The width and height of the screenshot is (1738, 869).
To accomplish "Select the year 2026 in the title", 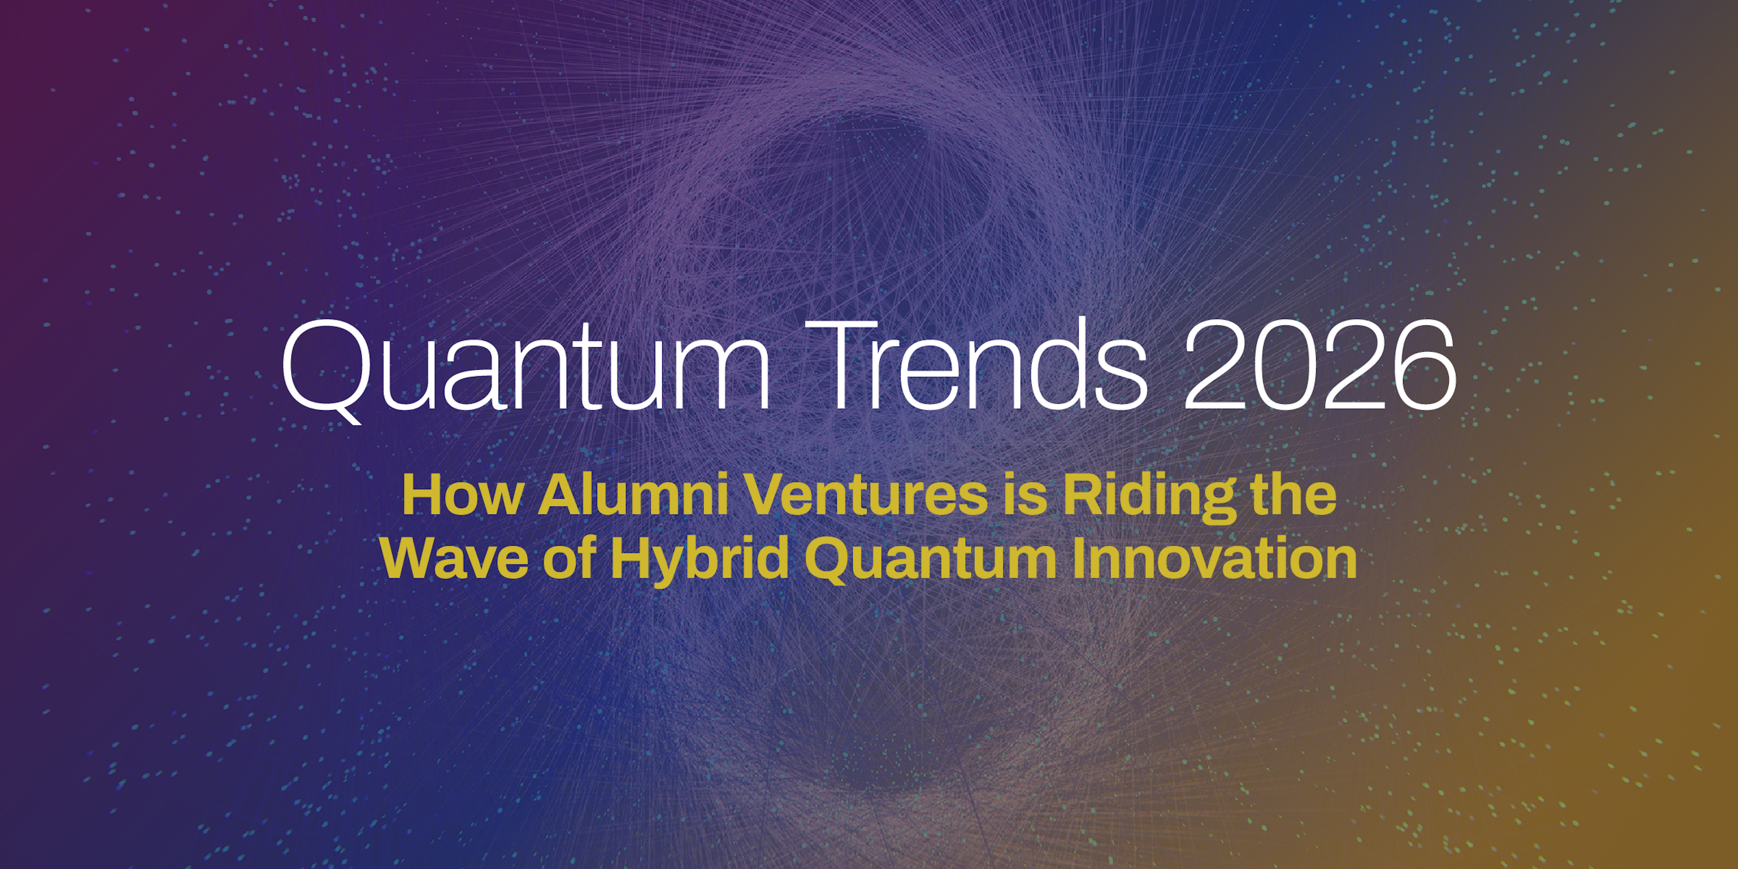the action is [1320, 365].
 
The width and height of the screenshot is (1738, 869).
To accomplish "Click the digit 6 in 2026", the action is [1423, 365].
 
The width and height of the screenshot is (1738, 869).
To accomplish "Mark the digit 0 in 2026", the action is [1287, 365].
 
